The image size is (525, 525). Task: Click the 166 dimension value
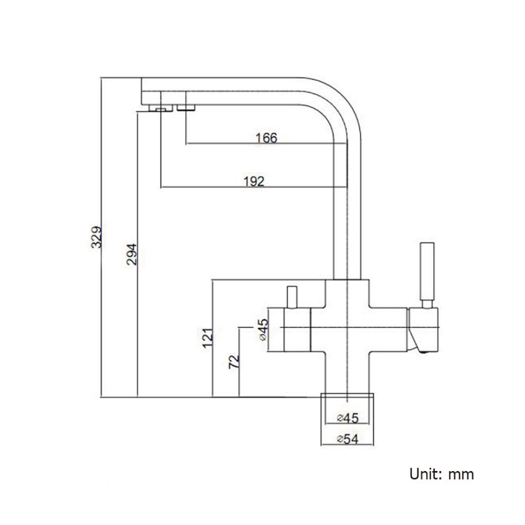(266, 138)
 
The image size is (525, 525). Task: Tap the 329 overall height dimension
(97, 236)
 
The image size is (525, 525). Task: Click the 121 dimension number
(208, 338)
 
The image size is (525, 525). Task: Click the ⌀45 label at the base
(347, 418)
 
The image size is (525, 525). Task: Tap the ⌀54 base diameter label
(347, 439)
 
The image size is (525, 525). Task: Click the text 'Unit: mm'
(441, 473)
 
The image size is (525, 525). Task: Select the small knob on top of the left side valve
(292, 297)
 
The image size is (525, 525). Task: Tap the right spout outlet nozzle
(185, 107)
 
